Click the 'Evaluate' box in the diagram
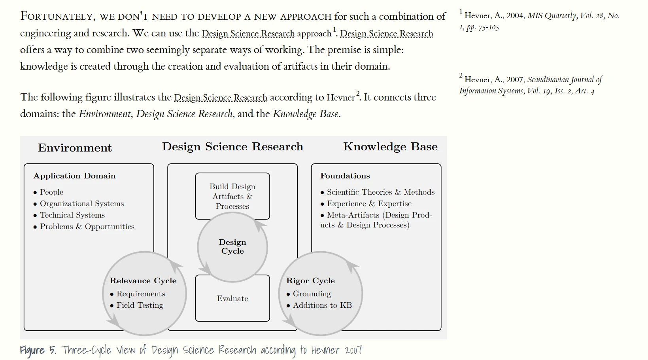(x=232, y=299)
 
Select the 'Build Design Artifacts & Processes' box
(x=232, y=196)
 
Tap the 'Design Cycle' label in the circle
(x=232, y=246)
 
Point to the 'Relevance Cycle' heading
(x=143, y=280)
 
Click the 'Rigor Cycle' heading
(x=310, y=280)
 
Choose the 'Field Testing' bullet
(x=140, y=305)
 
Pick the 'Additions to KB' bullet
(x=322, y=305)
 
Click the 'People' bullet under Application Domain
(x=51, y=192)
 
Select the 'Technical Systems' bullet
(x=72, y=215)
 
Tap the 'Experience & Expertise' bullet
(x=369, y=203)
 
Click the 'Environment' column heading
(x=75, y=148)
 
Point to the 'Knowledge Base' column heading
(x=390, y=146)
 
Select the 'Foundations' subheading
(x=345, y=176)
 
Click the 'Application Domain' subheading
(x=74, y=176)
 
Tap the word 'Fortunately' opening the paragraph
(x=56, y=16)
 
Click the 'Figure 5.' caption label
(x=38, y=350)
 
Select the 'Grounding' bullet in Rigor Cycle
(x=312, y=294)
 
